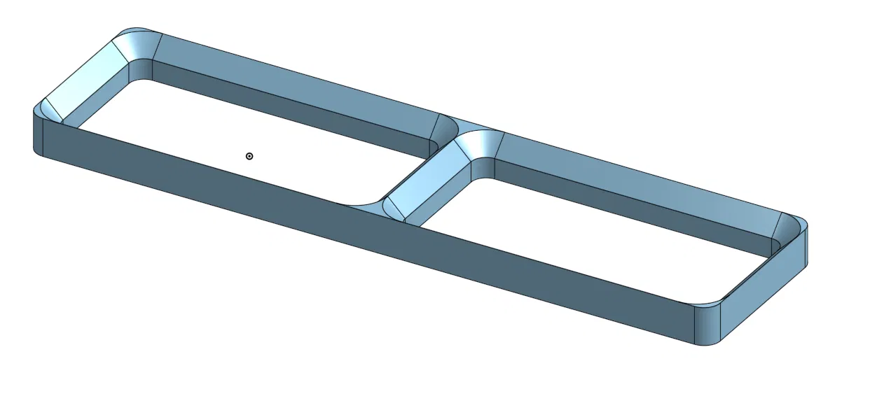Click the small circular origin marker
(249, 156)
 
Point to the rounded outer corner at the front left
(39, 133)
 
